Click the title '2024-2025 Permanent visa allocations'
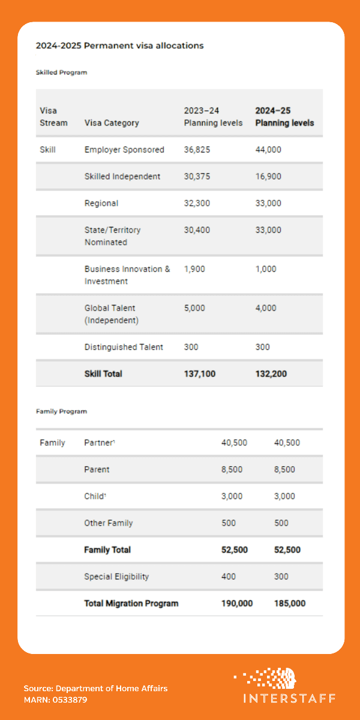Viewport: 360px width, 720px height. point(119,46)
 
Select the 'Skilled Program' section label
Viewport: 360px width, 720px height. point(61,73)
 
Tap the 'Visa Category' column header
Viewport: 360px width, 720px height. point(112,123)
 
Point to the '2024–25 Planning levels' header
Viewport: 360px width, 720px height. point(284,117)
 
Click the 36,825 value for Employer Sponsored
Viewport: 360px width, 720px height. point(197,150)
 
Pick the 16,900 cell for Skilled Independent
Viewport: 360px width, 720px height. point(268,176)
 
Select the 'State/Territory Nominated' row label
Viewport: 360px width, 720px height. point(113,236)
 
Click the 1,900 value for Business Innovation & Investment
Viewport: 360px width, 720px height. point(194,269)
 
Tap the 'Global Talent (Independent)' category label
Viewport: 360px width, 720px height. point(112,314)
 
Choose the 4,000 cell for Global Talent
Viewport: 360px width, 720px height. point(266,308)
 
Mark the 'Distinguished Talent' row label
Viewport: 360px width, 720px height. point(124,347)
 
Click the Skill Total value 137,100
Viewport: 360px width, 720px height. point(200,374)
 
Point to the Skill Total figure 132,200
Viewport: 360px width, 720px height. point(271,374)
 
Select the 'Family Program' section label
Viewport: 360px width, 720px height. point(61,412)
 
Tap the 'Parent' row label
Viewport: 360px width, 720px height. point(97,470)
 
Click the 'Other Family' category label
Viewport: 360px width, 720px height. point(108,523)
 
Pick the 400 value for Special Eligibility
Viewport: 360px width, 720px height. point(229,577)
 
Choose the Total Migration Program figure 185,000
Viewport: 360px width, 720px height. point(290,604)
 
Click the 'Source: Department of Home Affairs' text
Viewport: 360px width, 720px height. point(95,688)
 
